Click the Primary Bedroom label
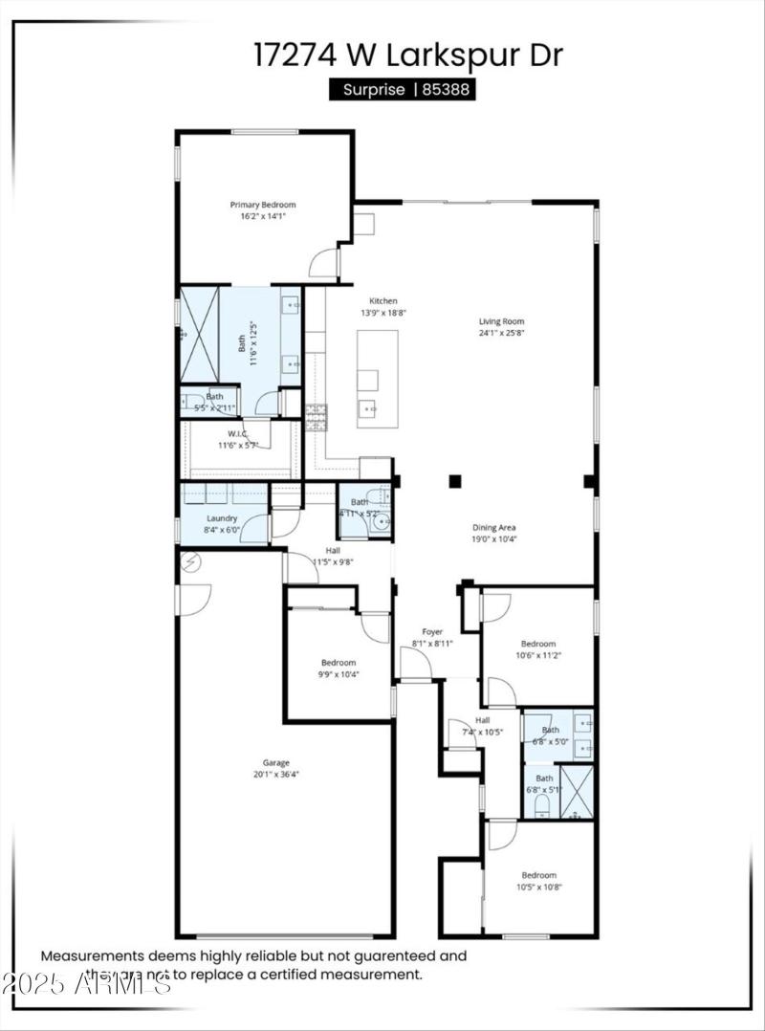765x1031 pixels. click(x=263, y=205)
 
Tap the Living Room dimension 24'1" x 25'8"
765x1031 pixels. click(x=501, y=333)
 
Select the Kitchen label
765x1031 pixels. click(x=378, y=301)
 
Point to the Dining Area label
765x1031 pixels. click(x=494, y=527)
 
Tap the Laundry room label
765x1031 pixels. click(x=221, y=518)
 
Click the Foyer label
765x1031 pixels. click(x=432, y=631)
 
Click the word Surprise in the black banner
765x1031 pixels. click(x=374, y=90)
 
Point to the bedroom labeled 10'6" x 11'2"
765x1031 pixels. click(x=537, y=644)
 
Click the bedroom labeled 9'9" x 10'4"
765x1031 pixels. click(x=339, y=663)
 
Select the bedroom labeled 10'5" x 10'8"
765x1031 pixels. click(x=538, y=875)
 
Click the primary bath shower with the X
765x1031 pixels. click(x=200, y=334)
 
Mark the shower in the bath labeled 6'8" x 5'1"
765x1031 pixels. click(x=577, y=791)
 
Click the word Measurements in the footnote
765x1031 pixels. click(x=92, y=955)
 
